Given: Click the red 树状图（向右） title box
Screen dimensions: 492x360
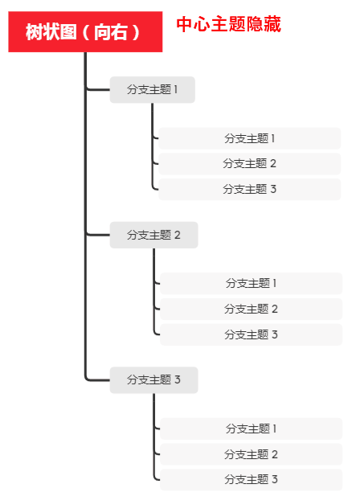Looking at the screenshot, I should pos(85,32).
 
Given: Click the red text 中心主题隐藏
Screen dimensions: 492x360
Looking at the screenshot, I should pos(228,24).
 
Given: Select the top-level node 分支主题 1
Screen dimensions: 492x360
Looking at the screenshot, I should pos(152,90).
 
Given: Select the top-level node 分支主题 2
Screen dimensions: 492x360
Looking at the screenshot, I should pos(153,235).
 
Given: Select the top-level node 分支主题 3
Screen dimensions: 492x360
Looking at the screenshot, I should pos(153,379).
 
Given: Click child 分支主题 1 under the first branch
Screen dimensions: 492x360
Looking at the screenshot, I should pos(249,138).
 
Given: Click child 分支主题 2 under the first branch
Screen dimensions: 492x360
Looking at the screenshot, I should pos(249,164).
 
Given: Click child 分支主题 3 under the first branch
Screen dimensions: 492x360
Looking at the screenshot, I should pos(249,190).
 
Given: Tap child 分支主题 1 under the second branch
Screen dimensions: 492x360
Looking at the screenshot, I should pos(251,283).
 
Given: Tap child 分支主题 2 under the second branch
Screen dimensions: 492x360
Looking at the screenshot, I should pos(251,309).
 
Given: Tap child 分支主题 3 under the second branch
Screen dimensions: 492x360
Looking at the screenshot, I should pos(251,334).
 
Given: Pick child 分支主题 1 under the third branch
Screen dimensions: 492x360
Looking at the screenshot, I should pos(251,428).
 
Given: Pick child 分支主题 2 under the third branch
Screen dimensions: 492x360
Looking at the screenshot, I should pos(251,454).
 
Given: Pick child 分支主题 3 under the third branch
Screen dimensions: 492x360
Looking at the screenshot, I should pos(251,480).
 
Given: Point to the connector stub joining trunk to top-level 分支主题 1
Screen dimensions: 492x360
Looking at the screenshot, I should pos(97,89).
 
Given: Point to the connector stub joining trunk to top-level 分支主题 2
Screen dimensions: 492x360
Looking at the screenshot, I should pos(97,234).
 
